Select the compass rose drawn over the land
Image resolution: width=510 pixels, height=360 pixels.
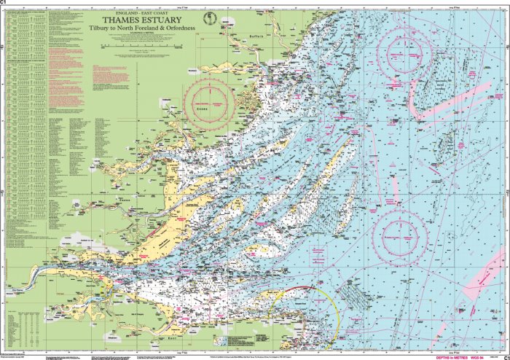click(209, 101)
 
